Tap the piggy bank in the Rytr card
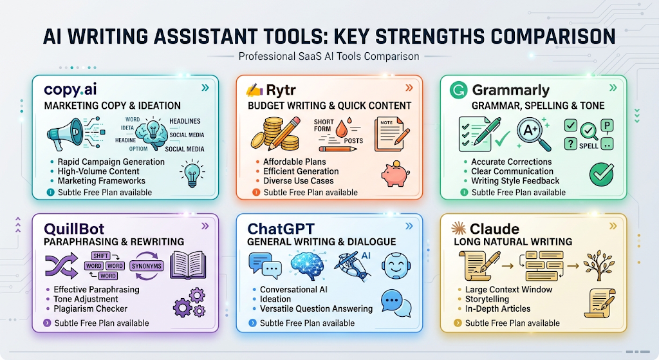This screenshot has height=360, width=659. pos(395,174)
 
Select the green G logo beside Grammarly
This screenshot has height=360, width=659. pos(458,90)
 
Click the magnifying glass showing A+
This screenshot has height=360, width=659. pos(534,133)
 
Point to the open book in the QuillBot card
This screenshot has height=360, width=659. pos(188,265)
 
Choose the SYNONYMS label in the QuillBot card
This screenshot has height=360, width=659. pos(146,266)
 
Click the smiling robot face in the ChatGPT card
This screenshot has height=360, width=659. pos(395,266)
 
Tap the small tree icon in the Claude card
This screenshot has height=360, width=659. pos(599,265)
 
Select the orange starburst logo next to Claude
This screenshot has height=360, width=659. pos(458,229)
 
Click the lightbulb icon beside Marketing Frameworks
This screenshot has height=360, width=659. pos(192,173)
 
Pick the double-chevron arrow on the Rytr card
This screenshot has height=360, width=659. pos(409,88)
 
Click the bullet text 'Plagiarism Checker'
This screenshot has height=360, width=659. pos(90,308)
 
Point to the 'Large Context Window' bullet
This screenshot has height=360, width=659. pos(508,289)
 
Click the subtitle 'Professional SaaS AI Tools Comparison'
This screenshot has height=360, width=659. pos(329,57)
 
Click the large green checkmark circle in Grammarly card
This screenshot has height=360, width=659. pos(602,174)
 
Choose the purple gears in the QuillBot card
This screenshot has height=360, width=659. pos(190,302)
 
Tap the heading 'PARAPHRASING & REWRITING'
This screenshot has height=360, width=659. pos(114,242)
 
